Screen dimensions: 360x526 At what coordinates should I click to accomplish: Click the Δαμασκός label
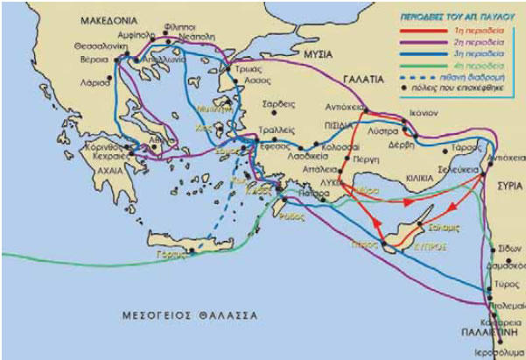506,262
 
